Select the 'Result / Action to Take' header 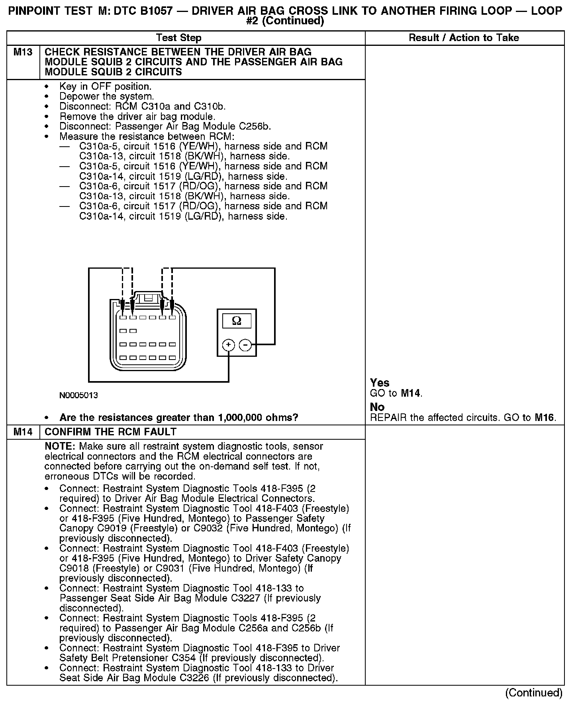(x=464, y=38)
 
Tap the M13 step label (x=23, y=52)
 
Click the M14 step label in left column (x=23, y=432)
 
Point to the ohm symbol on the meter (x=236, y=321)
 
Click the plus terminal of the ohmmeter (x=228, y=345)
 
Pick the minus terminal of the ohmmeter (x=245, y=345)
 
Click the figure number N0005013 (x=78, y=395)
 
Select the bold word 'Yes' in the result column (x=380, y=383)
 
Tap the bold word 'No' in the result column (x=377, y=407)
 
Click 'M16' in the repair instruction (x=544, y=418)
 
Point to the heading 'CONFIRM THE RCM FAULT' (x=110, y=432)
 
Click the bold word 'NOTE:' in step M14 (x=60, y=446)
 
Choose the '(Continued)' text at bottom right (x=533, y=693)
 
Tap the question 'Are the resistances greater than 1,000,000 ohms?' (x=178, y=418)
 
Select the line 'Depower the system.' (x=106, y=96)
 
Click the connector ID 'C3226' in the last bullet (x=194, y=678)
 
